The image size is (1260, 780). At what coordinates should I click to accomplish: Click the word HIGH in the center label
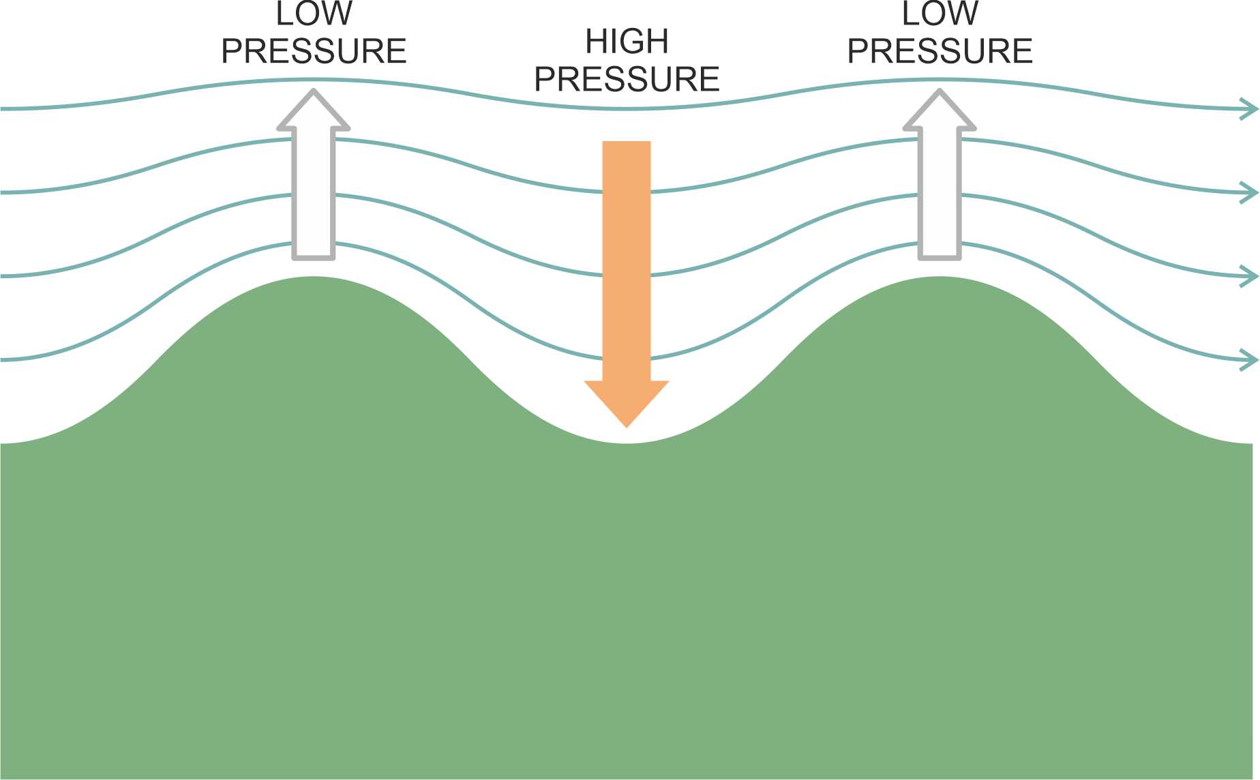point(627,42)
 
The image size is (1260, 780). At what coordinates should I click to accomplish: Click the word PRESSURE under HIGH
point(627,79)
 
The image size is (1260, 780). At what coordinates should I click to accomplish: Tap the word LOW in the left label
point(314,14)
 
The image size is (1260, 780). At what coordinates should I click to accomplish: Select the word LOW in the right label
point(940,14)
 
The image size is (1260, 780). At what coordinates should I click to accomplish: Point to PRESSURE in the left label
point(314,51)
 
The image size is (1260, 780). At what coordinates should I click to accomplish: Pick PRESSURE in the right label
point(940,51)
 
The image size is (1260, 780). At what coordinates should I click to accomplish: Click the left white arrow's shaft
point(314,194)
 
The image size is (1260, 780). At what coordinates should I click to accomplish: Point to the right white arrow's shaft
point(940,194)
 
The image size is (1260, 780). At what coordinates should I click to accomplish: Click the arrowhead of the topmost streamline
point(1255,109)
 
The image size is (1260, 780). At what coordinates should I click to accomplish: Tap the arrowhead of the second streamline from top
point(1255,193)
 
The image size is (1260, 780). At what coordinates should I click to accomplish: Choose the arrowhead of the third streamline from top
point(1255,277)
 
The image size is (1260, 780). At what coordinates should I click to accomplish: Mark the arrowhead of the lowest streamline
point(1255,360)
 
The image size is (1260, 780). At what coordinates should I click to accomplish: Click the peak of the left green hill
point(314,277)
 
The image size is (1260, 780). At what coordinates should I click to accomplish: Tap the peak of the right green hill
point(940,277)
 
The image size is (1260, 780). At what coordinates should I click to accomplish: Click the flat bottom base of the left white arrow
point(314,258)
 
